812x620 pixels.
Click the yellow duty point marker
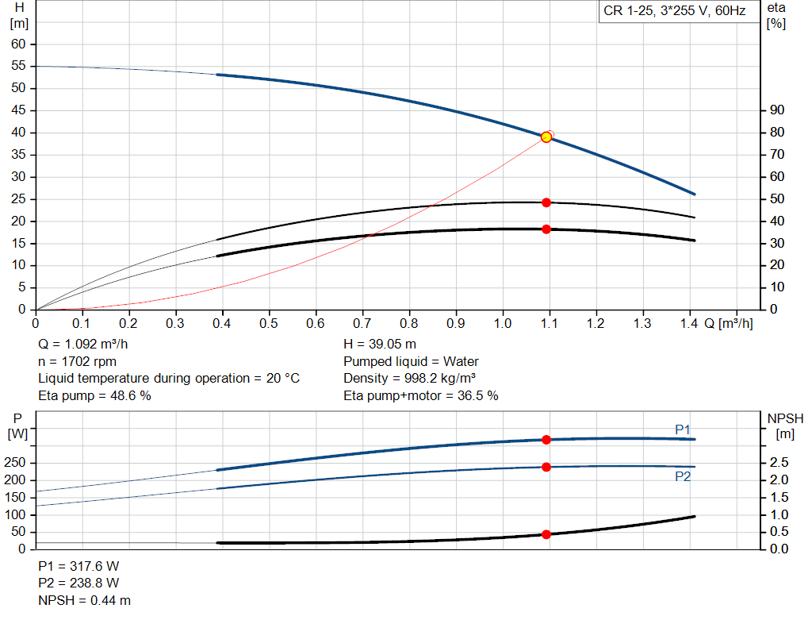coord(546,137)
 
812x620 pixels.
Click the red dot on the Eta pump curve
coord(546,202)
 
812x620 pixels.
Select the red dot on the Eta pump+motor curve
coord(546,229)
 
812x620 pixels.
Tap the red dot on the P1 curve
coord(546,439)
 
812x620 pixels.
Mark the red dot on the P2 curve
coord(546,467)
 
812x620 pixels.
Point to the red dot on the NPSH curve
coord(546,534)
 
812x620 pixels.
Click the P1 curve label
coord(683,429)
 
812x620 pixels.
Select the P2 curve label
coord(683,476)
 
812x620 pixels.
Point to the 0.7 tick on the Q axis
coord(362,324)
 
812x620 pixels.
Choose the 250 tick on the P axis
coord(16,463)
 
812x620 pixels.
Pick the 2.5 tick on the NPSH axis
coord(779,463)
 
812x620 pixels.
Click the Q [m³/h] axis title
coord(728,324)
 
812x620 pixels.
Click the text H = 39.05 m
coord(380,345)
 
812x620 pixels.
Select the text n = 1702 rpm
coord(76,361)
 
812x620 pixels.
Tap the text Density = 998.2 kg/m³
coord(410,378)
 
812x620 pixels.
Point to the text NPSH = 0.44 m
coord(85,600)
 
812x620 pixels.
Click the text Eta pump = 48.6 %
coord(94,395)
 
